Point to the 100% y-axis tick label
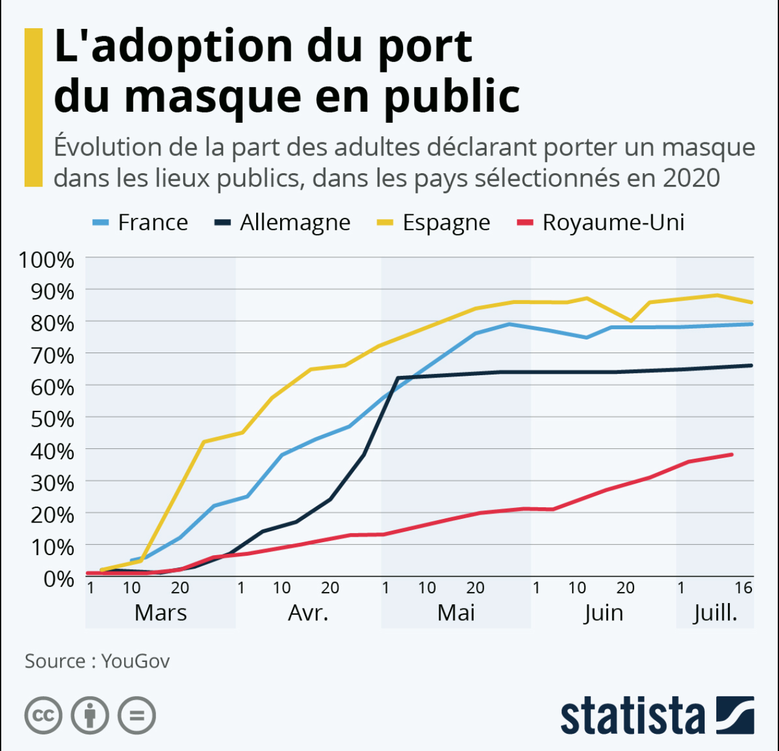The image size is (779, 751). tap(47, 260)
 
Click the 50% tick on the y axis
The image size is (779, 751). tap(52, 419)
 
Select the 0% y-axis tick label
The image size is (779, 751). tap(59, 578)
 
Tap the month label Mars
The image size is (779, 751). tap(160, 613)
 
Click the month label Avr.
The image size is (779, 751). tap(308, 613)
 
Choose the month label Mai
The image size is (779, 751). tap(456, 613)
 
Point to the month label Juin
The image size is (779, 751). tap(603, 613)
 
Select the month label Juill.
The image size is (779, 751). tap(715, 613)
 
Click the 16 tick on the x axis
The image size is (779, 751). tap(743, 588)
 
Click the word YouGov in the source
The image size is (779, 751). tap(135, 661)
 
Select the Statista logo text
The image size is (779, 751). tap(632, 716)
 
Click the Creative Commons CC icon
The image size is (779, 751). tap(44, 715)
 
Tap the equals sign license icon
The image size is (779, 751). tap(137, 715)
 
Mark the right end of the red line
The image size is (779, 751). tap(732, 454)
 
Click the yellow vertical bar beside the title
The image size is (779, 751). tap(33, 107)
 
